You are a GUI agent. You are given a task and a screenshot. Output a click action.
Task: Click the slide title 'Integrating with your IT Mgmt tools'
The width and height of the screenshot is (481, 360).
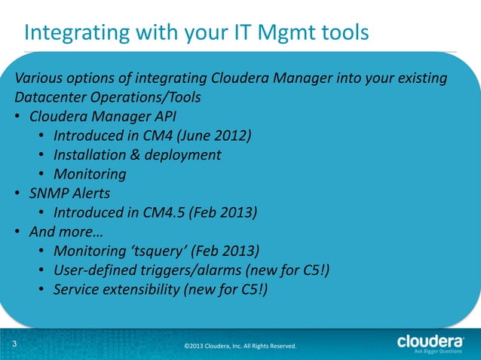197,32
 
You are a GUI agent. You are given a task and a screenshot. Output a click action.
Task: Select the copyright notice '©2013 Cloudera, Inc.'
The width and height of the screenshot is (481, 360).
240,346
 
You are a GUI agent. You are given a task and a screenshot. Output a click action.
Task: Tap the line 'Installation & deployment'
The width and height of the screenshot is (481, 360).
137,154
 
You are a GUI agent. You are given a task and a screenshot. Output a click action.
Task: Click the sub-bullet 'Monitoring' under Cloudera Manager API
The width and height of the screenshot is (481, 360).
90,173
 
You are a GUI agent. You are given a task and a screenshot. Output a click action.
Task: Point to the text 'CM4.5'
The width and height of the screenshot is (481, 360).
164,212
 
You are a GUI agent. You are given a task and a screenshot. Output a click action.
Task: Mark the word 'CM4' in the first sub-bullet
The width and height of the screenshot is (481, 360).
154,136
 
